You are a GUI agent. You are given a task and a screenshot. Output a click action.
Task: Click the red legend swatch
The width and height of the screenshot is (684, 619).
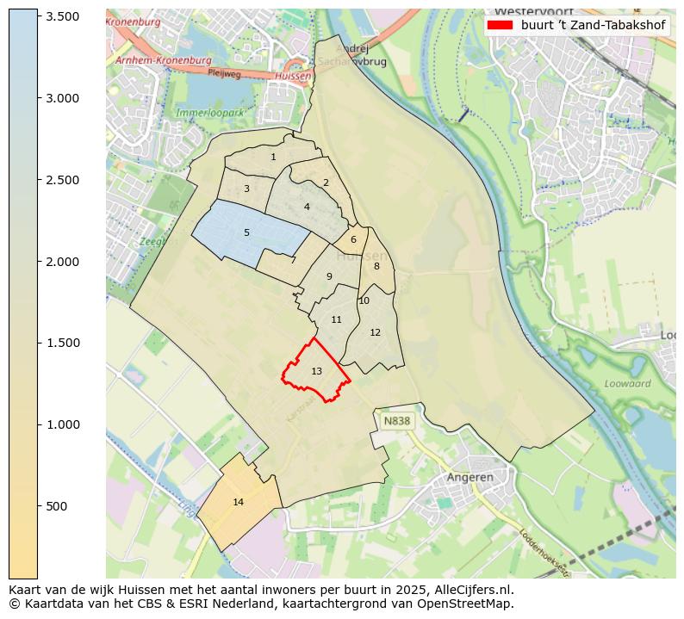[x=499, y=25]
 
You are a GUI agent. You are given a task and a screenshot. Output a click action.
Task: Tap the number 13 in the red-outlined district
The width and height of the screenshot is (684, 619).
[x=316, y=371]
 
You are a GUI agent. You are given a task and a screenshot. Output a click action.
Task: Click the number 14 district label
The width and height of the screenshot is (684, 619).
[x=239, y=502]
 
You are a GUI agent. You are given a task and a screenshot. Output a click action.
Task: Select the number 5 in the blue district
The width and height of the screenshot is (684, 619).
[x=246, y=232]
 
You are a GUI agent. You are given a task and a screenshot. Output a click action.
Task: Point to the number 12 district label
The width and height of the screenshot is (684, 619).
[x=375, y=332]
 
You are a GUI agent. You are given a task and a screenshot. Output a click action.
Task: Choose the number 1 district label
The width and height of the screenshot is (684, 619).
[x=273, y=157]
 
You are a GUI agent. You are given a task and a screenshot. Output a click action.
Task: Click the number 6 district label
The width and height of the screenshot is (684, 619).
[x=353, y=240]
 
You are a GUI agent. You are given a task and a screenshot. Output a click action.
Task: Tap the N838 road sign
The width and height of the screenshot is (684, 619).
[x=397, y=421]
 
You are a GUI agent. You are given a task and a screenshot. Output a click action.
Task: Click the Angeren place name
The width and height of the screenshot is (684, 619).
[x=469, y=477]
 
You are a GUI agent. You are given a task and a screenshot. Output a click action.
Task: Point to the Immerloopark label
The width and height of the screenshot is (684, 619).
[x=210, y=113]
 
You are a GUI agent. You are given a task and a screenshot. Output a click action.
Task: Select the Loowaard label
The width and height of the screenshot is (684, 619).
[x=627, y=384]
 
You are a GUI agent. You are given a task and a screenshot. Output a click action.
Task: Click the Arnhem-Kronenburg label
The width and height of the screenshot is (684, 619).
[x=163, y=61]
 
